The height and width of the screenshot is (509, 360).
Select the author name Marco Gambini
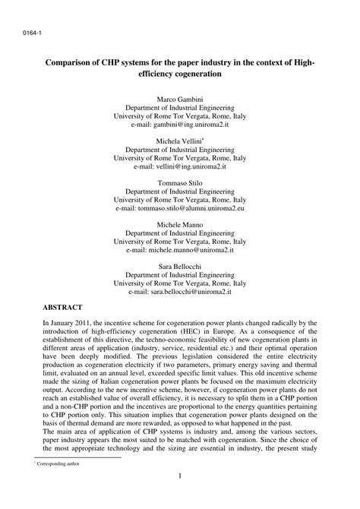click(180, 100)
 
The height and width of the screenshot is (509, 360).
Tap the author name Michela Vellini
click(178, 142)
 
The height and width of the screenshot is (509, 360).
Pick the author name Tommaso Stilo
click(180, 183)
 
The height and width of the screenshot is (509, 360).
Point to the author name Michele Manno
click(180, 225)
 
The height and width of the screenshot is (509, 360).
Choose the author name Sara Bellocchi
click(180, 266)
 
